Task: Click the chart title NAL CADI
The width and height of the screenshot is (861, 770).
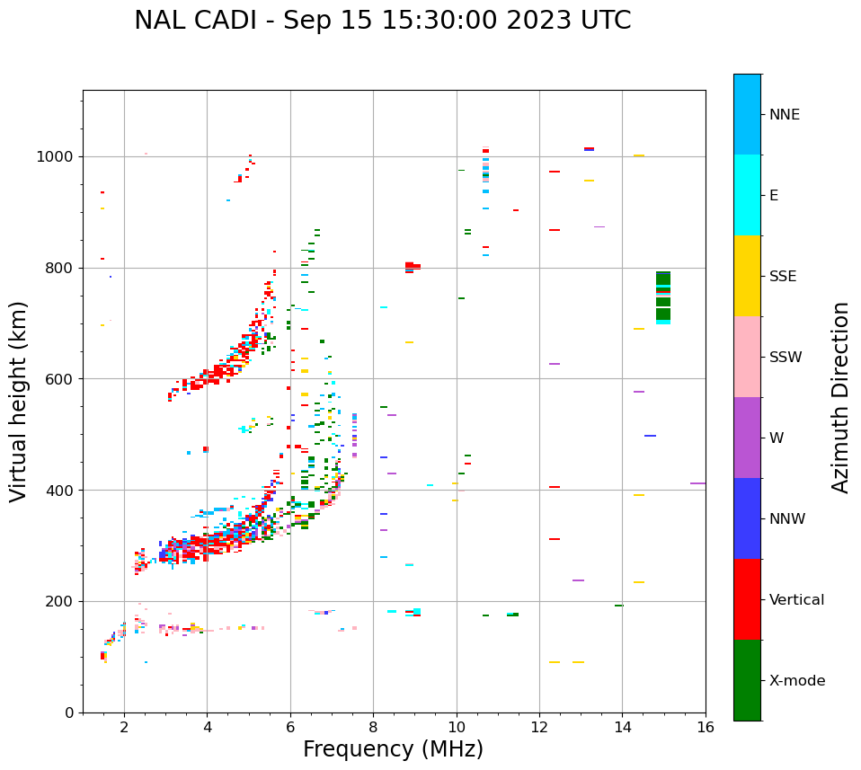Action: click(382, 21)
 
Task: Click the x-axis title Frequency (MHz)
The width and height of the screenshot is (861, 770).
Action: click(393, 749)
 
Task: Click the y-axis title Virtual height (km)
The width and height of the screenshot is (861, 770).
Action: click(19, 401)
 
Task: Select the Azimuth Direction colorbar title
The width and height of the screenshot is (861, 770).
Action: click(840, 397)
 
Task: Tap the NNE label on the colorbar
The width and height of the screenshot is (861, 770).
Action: click(784, 115)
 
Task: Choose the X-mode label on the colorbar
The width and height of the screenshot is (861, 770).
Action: click(796, 681)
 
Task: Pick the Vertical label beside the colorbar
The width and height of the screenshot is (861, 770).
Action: click(796, 600)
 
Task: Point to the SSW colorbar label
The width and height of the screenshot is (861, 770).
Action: click(786, 358)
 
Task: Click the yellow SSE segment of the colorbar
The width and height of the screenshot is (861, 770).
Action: click(747, 275)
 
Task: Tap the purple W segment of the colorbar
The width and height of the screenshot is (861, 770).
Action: click(747, 438)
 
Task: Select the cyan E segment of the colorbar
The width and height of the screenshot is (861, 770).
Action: click(747, 195)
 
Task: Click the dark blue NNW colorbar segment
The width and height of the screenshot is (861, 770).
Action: click(747, 518)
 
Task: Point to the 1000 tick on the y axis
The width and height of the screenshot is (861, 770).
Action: click(59, 157)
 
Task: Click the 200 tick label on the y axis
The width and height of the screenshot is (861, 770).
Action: click(63, 602)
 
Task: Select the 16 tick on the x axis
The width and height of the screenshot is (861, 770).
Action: click(706, 727)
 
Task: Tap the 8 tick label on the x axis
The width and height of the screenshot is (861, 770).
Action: click(373, 727)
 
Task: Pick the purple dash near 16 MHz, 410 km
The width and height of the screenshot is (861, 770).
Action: click(697, 483)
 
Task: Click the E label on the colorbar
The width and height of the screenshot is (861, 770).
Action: click(774, 196)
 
